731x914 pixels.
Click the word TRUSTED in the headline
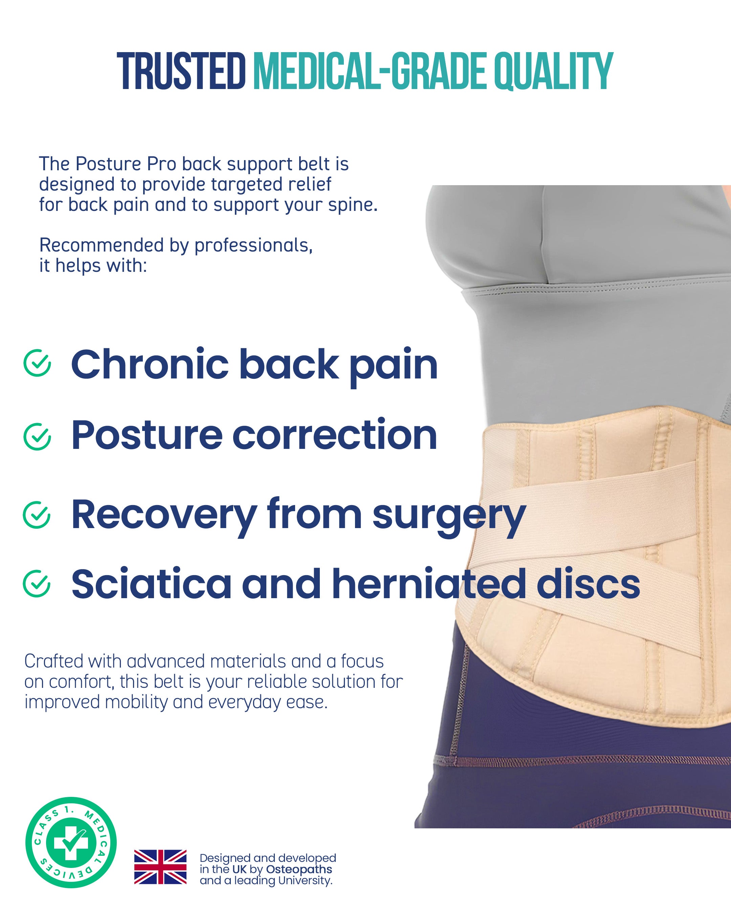181,71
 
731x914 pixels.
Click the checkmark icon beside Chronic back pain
37,363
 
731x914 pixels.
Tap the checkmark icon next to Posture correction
37,436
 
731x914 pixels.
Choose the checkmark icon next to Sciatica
37,583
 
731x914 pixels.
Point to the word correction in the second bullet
335,435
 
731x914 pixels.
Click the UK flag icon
160,867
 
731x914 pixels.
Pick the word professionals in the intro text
253,245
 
